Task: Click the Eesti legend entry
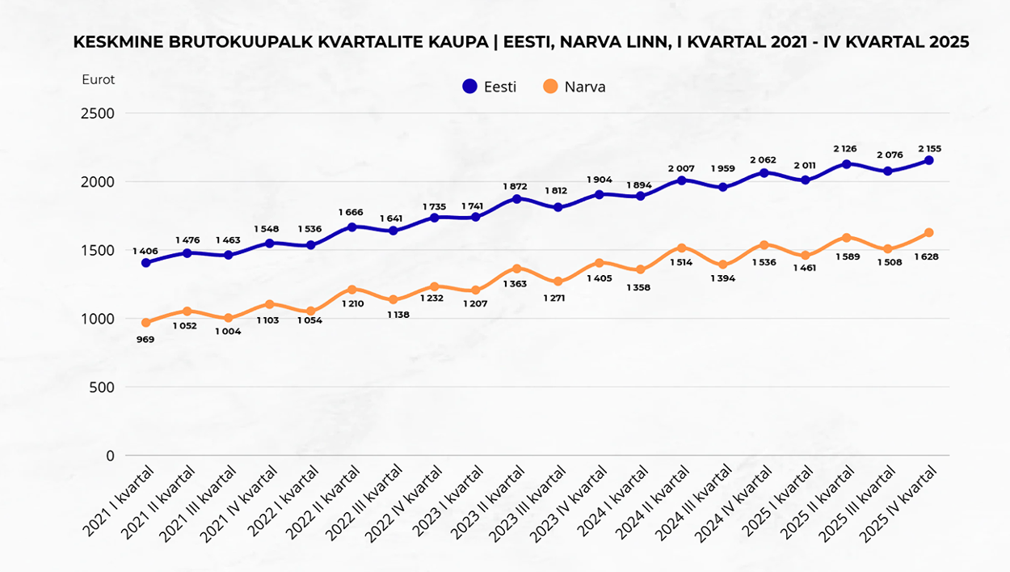pos(490,87)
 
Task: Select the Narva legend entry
pos(574,87)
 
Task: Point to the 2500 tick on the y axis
pos(97,113)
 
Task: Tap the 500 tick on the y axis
pos(103,387)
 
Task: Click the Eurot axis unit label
pos(98,79)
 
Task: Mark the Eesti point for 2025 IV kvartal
pos(929,160)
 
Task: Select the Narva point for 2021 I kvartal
pos(146,323)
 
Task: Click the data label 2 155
pos(929,149)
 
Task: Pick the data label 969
pos(146,339)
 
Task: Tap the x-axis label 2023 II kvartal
pos(494,506)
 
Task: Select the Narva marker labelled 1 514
pos(682,248)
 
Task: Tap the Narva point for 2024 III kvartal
pos(723,265)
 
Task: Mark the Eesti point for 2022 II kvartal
pos(352,227)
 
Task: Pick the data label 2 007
pos(682,168)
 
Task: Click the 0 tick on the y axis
pos(109,455)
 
